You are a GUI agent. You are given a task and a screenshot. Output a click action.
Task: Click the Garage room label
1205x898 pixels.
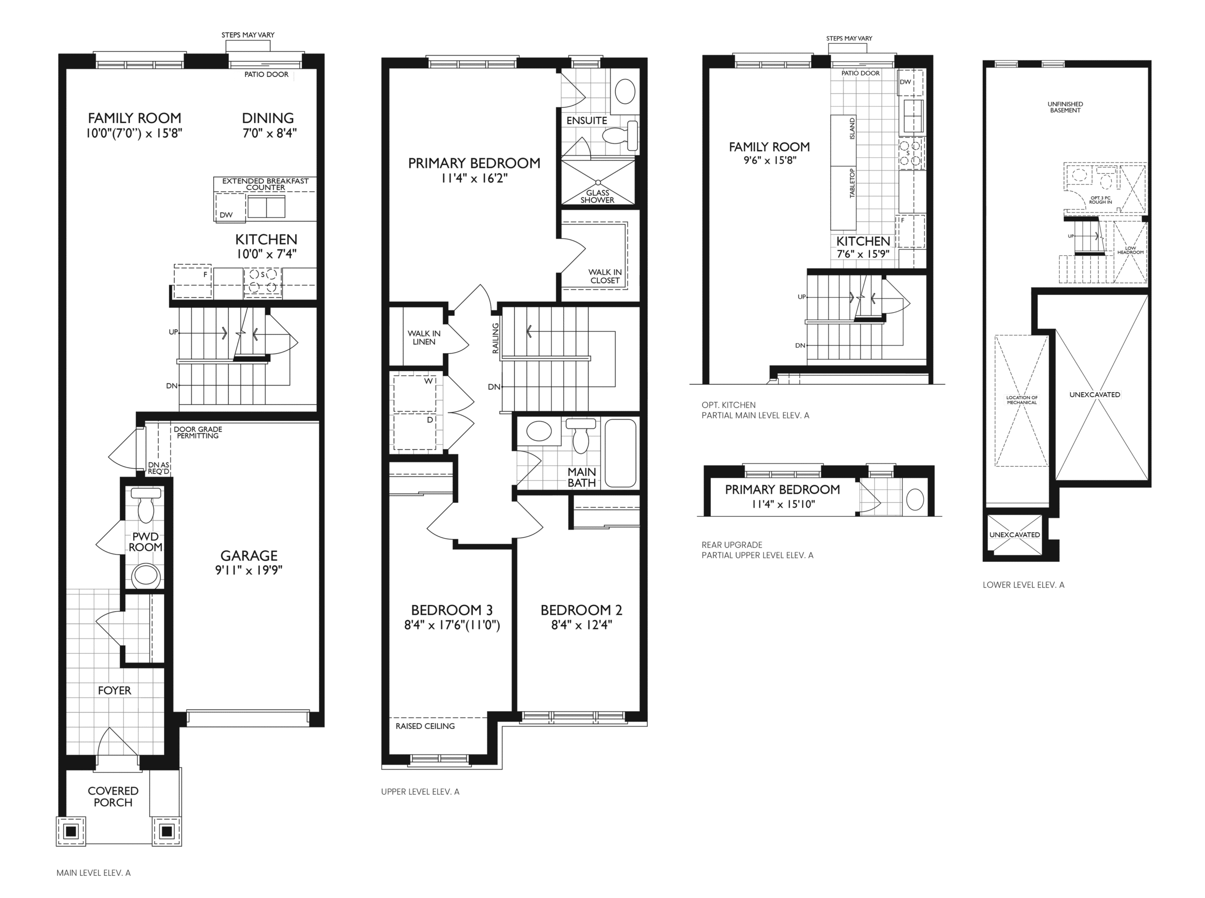[249, 556]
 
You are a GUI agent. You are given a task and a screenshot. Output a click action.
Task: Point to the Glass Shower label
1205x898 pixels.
[597, 196]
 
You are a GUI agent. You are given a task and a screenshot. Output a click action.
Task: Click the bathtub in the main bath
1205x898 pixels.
[620, 453]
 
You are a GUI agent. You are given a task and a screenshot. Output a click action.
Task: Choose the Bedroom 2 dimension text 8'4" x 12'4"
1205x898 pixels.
[581, 625]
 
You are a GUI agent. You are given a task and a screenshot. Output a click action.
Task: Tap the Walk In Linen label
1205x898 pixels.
[424, 338]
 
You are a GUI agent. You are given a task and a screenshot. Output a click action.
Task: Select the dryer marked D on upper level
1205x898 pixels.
[415, 432]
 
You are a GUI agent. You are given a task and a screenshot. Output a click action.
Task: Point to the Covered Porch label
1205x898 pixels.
[113, 796]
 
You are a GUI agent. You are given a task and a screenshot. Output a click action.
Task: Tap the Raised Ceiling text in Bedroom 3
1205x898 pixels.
[425, 726]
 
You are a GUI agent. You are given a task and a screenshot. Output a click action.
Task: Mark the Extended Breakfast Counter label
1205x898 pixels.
[265, 184]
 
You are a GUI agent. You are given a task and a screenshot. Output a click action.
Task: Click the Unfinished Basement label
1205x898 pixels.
[1065, 107]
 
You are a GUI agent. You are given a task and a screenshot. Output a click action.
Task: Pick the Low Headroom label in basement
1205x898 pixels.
[1131, 250]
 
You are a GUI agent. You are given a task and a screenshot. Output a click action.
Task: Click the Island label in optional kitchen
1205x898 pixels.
[852, 128]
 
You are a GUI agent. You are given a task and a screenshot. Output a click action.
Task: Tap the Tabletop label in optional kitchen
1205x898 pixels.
[852, 183]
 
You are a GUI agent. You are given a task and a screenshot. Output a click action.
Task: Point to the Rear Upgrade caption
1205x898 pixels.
[732, 545]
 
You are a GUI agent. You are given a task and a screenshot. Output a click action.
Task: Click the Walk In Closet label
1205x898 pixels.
[605, 276]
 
